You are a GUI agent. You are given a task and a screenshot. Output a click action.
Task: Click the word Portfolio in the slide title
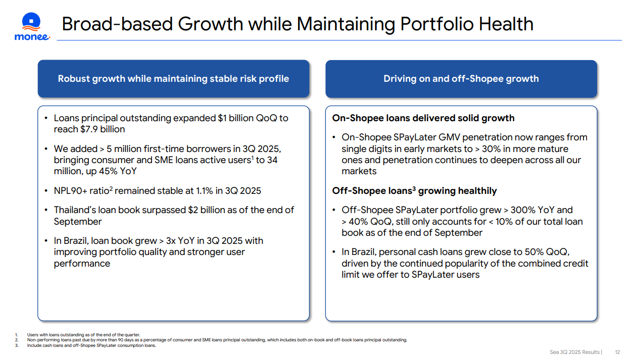coord(437,24)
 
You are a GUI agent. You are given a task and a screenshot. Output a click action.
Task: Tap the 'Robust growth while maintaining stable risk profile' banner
coord(173,79)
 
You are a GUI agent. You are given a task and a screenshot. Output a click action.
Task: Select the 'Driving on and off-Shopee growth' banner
coord(461,79)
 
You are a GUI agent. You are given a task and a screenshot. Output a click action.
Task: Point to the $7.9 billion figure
coord(103,129)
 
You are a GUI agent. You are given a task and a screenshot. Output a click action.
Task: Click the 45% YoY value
coord(118,171)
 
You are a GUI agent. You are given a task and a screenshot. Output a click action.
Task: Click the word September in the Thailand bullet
coord(78,222)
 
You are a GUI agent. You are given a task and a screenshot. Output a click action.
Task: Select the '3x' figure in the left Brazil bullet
coord(171,241)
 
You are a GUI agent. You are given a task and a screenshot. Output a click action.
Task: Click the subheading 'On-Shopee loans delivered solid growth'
coord(423,118)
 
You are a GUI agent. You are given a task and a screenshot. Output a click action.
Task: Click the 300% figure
coord(523,210)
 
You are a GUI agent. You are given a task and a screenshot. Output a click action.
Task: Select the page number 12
coord(617,352)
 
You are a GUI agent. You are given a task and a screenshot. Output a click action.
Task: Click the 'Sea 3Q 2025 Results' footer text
coord(574,352)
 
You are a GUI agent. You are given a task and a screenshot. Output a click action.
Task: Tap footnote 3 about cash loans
coord(91,345)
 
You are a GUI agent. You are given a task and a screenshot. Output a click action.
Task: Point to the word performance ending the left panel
coord(82,264)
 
